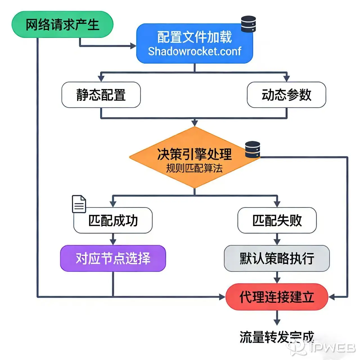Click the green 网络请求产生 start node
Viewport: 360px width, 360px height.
tap(62, 24)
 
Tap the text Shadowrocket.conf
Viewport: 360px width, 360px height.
tap(194, 51)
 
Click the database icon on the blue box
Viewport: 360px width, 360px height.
tap(249, 24)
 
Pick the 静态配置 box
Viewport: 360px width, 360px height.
tap(101, 95)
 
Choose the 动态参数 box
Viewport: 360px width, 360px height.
tap(286, 95)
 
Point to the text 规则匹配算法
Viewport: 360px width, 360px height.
tap(194, 168)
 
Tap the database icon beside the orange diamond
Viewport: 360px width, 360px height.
tap(252, 149)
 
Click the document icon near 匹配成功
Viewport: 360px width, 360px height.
tap(79, 204)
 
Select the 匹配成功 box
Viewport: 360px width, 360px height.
tap(113, 220)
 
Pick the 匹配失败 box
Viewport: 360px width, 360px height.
tap(277, 220)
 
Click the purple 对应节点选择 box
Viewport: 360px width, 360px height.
tap(113, 258)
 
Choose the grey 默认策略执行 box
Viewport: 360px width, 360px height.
tap(277, 258)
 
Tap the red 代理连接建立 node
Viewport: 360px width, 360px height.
tap(277, 297)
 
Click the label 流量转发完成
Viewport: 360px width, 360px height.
tap(277, 337)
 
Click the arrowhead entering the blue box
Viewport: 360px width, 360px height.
tap(133, 46)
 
